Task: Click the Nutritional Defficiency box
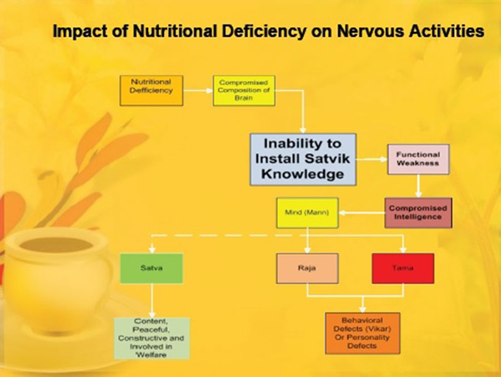pyautogui.click(x=151, y=91)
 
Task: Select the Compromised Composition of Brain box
pyautogui.click(x=244, y=91)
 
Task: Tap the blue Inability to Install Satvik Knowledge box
pyautogui.click(x=303, y=159)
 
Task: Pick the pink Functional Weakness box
pyautogui.click(x=418, y=159)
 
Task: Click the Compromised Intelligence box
pyautogui.click(x=418, y=212)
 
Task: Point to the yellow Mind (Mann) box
pyautogui.click(x=307, y=213)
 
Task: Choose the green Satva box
pyautogui.click(x=151, y=269)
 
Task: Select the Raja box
pyautogui.click(x=307, y=269)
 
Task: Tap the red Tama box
pyautogui.click(x=403, y=269)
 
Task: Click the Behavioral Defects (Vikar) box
pyautogui.click(x=362, y=333)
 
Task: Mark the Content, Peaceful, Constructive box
pyautogui.click(x=152, y=338)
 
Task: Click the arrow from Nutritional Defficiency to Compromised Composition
pyautogui.click(x=198, y=91)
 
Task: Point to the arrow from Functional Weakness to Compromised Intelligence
pyautogui.click(x=418, y=186)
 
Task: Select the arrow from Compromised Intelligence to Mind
pyautogui.click(x=362, y=213)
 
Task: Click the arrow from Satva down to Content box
pyautogui.click(x=152, y=300)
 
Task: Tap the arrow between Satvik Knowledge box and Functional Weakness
pyautogui.click(x=372, y=159)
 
